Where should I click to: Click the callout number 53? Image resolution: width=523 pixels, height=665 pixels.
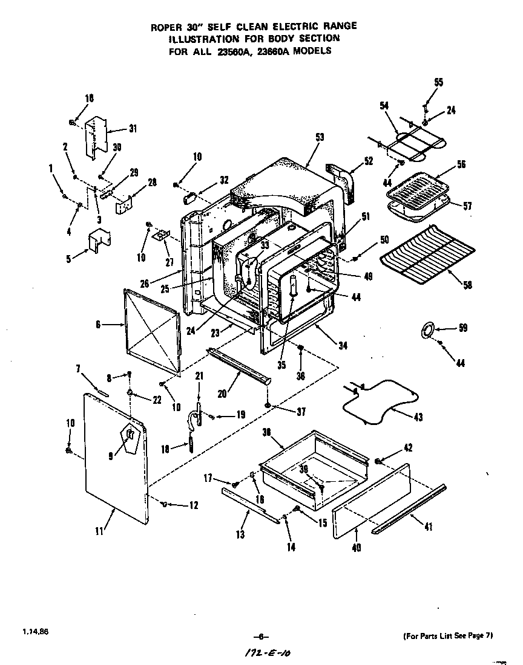(320, 137)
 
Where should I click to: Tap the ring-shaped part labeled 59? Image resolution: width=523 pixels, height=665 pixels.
(427, 330)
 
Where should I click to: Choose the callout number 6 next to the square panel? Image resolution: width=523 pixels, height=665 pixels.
(98, 325)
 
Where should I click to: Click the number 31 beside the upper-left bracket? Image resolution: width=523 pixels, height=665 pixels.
(133, 128)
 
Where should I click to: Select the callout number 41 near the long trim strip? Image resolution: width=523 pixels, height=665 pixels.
(429, 527)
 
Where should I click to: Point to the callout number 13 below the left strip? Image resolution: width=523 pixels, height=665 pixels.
(240, 534)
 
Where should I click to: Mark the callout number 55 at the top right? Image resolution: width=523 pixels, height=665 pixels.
(438, 82)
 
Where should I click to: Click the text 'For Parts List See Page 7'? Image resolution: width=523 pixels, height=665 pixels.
(448, 635)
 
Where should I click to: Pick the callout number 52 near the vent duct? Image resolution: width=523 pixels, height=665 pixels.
(369, 161)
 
